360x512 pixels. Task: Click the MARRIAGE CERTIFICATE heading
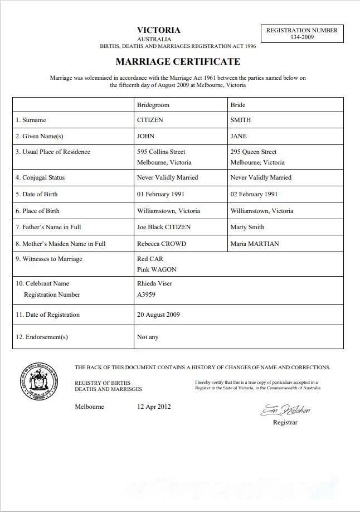tap(178, 61)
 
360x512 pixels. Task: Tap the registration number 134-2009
tap(302, 37)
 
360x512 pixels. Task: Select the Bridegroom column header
tap(153, 105)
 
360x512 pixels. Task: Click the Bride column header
tap(238, 105)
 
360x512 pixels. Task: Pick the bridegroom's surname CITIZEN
tap(150, 120)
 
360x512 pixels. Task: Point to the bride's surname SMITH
tap(241, 120)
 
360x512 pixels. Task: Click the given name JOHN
tap(146, 136)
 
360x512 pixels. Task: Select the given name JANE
tap(239, 136)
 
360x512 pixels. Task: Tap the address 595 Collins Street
tap(162, 152)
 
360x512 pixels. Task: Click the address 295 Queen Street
tap(254, 152)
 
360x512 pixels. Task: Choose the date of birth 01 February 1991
tap(161, 194)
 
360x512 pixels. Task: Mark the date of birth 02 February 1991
tap(254, 194)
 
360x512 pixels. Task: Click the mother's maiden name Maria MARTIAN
tap(255, 244)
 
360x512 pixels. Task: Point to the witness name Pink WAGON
tap(157, 269)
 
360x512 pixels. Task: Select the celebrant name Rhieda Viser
tap(155, 283)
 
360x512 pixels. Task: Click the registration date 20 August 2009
tap(158, 315)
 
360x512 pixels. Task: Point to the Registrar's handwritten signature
tap(285, 411)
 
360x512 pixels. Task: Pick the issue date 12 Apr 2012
tap(154, 407)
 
